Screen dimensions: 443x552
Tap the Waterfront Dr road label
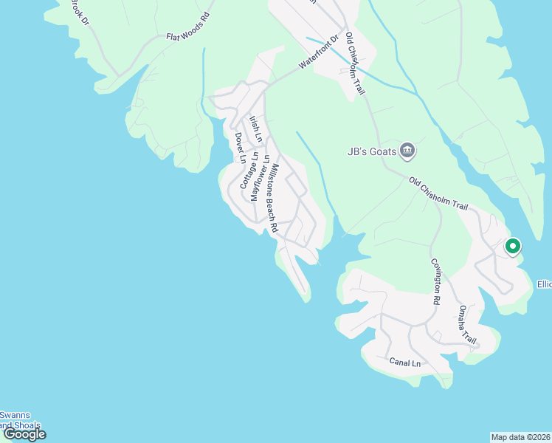coord(318,53)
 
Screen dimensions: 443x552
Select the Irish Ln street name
coord(255,128)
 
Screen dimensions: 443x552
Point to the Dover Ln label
coord(239,148)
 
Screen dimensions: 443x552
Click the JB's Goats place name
coord(372,152)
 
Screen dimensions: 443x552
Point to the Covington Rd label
coord(435,282)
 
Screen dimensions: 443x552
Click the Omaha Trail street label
coord(468,324)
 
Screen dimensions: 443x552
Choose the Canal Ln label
coord(404,363)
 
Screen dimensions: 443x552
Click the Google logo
coord(24,434)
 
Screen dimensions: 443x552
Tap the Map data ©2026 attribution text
coord(521,437)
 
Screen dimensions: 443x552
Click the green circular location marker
coord(512,247)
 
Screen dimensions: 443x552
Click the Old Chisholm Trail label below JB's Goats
coord(438,193)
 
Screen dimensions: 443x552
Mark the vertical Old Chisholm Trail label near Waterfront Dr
coord(356,64)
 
